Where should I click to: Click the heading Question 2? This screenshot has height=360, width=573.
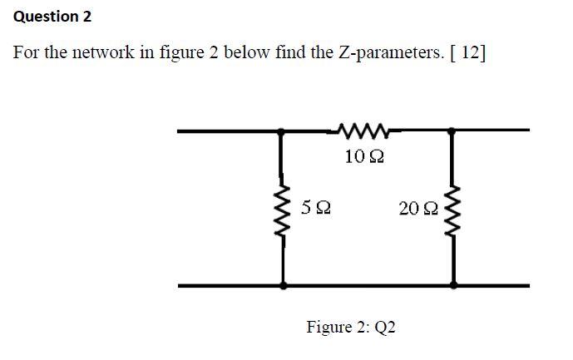click(x=53, y=17)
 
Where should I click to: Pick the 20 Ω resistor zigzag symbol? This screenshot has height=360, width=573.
click(x=453, y=209)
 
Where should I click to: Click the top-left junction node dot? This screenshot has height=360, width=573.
click(x=283, y=131)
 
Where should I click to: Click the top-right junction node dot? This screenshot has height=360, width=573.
click(x=452, y=131)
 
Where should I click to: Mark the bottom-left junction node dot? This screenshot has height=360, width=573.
click(x=283, y=284)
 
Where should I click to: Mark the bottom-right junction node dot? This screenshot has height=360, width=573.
click(x=453, y=284)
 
